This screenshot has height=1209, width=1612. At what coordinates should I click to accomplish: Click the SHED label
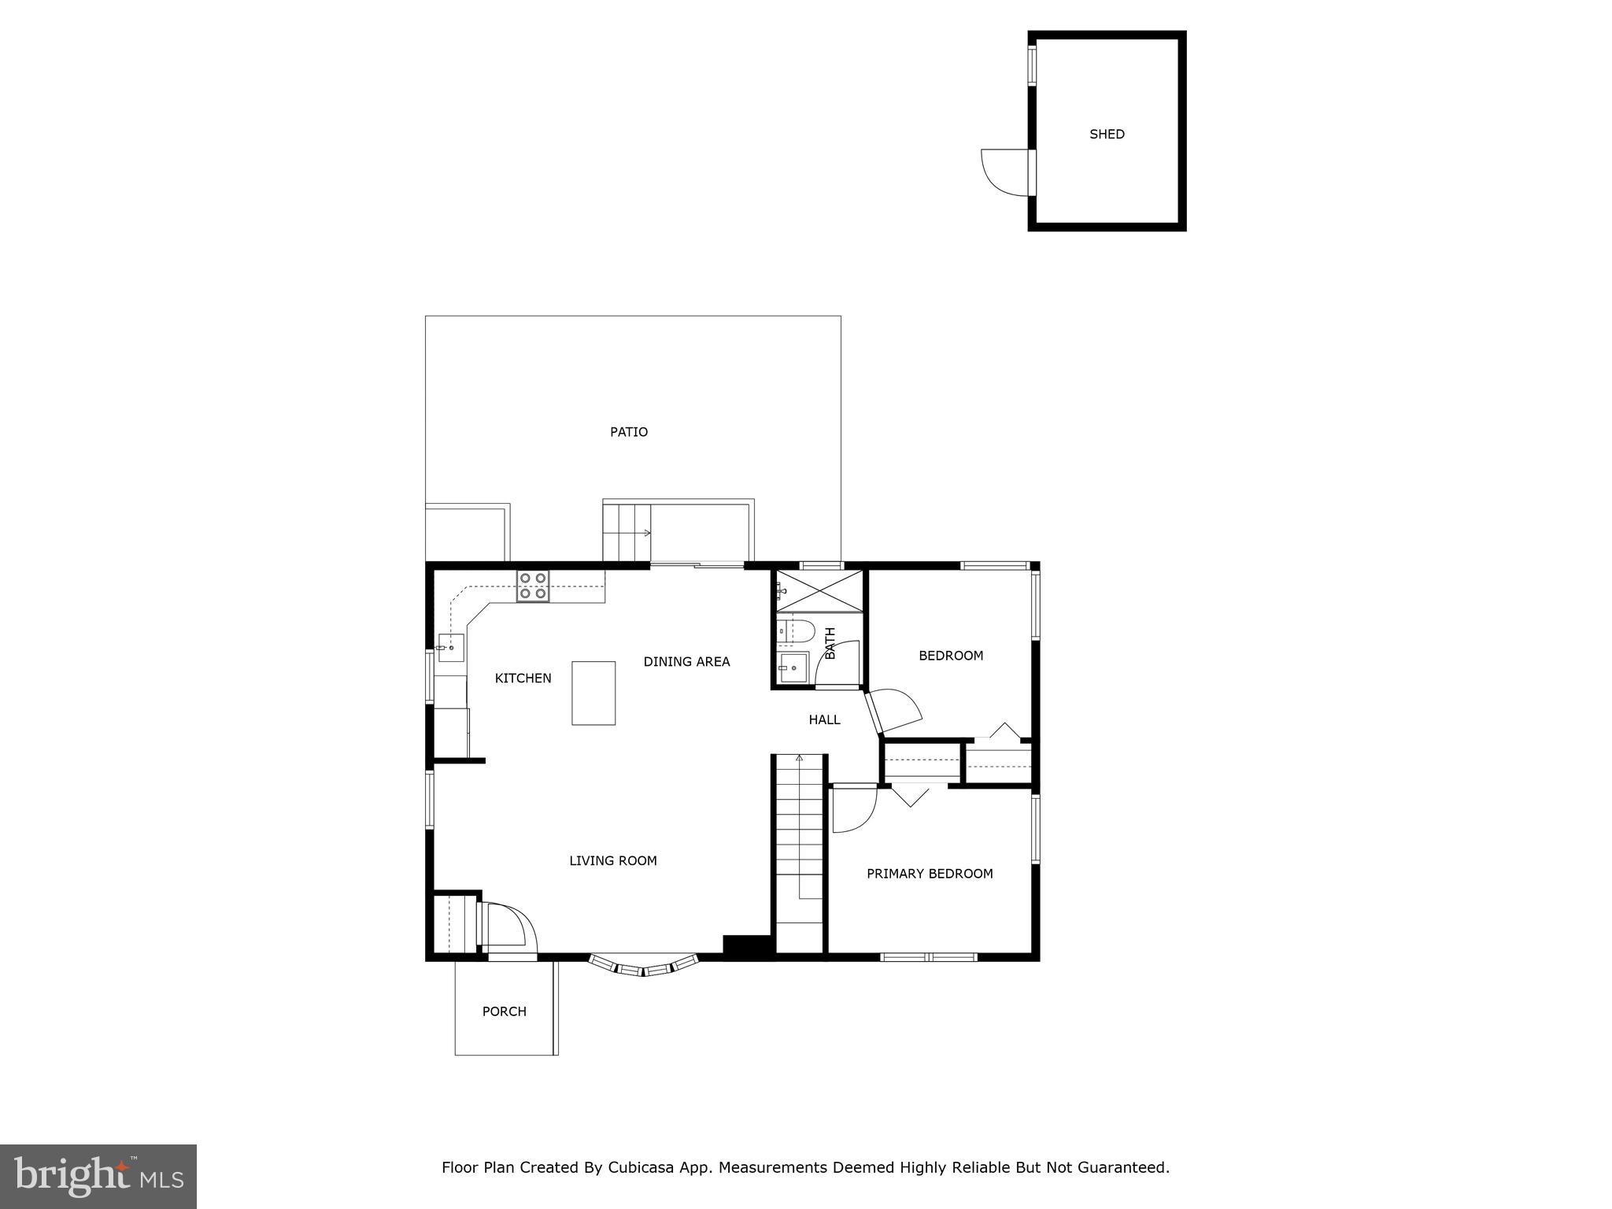1106,135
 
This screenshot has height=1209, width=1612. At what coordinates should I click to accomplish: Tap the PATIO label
629,432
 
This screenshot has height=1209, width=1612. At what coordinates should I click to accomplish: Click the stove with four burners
533,586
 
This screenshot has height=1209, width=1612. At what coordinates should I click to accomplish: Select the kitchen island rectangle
593,693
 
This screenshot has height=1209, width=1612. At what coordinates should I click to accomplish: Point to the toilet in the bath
797,630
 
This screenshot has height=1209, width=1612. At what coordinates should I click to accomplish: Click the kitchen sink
450,647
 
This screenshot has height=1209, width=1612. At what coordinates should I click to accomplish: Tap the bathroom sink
793,667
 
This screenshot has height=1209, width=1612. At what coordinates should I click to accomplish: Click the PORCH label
505,1011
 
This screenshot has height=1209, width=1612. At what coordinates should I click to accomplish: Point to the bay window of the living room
644,966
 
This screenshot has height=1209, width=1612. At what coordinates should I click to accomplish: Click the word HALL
824,719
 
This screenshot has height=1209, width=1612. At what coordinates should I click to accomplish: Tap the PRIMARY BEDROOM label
930,874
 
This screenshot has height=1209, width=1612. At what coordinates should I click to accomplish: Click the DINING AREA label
686,662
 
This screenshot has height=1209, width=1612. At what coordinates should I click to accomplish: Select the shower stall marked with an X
820,591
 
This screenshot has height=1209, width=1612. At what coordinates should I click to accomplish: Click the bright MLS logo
98,1176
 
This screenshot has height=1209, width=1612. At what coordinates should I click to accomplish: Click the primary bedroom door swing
854,808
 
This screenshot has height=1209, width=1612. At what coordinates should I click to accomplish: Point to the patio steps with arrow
627,533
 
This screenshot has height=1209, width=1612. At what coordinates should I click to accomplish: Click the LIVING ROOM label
612,861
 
